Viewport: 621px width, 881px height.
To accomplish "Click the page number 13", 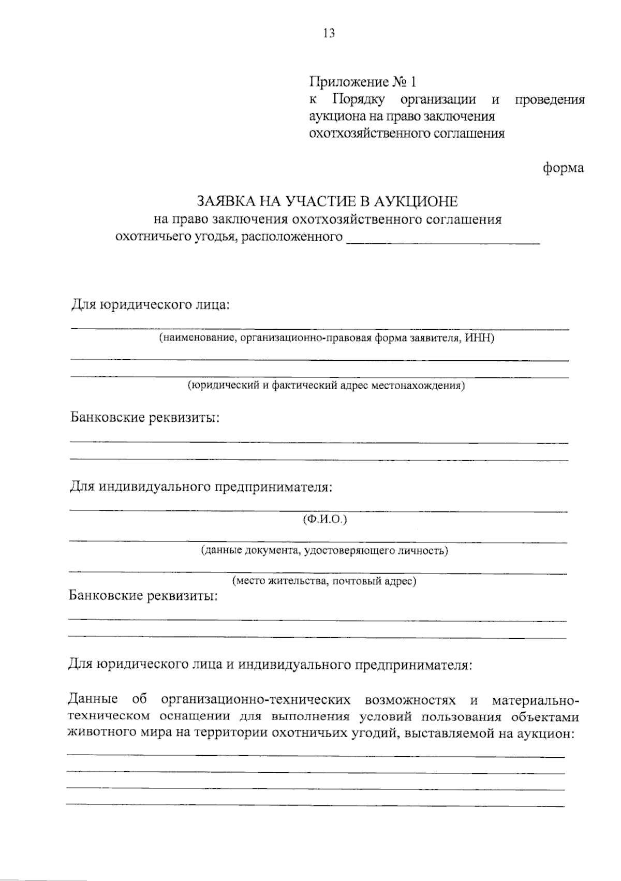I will click(x=329, y=34).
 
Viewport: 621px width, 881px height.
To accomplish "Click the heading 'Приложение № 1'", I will click(x=362, y=82).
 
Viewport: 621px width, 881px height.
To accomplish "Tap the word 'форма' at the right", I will click(x=563, y=168).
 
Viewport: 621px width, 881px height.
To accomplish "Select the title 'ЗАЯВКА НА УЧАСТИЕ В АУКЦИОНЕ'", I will click(x=327, y=201).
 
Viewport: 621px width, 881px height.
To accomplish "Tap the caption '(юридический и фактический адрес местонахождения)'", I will click(x=326, y=386).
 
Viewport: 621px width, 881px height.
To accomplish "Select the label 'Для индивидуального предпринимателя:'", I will click(x=201, y=487).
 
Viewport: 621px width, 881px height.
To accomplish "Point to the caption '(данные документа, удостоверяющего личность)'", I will click(x=324, y=550).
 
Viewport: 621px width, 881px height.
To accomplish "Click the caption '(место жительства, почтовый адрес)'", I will click(x=324, y=581).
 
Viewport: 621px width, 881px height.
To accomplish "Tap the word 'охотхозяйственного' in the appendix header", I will click(x=362, y=134).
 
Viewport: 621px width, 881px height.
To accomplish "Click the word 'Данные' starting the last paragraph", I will click(x=93, y=700).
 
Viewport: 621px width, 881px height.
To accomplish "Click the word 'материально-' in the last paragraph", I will click(x=536, y=700).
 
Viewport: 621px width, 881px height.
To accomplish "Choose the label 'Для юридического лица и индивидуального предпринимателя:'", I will click(x=270, y=664).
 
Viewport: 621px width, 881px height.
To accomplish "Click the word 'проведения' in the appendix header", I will click(x=550, y=99).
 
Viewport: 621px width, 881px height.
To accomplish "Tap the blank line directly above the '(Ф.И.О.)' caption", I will click(x=319, y=511).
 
